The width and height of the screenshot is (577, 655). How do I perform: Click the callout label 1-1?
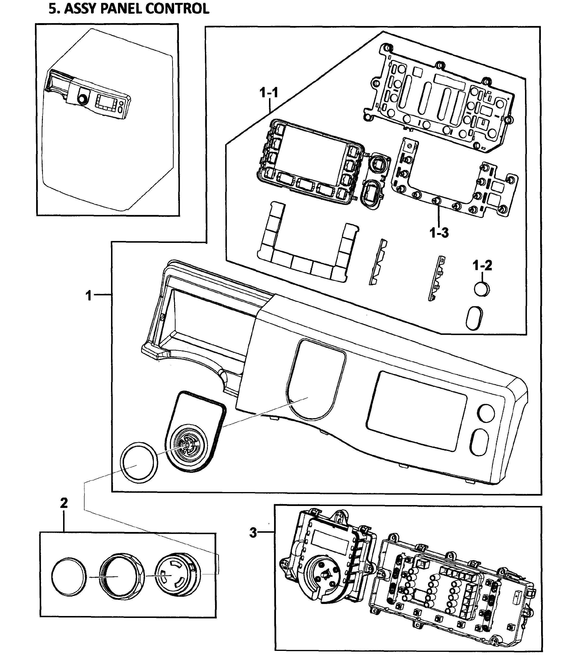coord(269,93)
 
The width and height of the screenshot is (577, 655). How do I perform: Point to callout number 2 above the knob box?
coord(64,503)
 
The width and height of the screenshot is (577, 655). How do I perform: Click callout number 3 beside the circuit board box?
coord(253,533)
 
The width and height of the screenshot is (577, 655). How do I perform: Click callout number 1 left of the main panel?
coord(88,295)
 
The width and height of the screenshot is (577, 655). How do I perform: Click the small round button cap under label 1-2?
coord(482,289)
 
